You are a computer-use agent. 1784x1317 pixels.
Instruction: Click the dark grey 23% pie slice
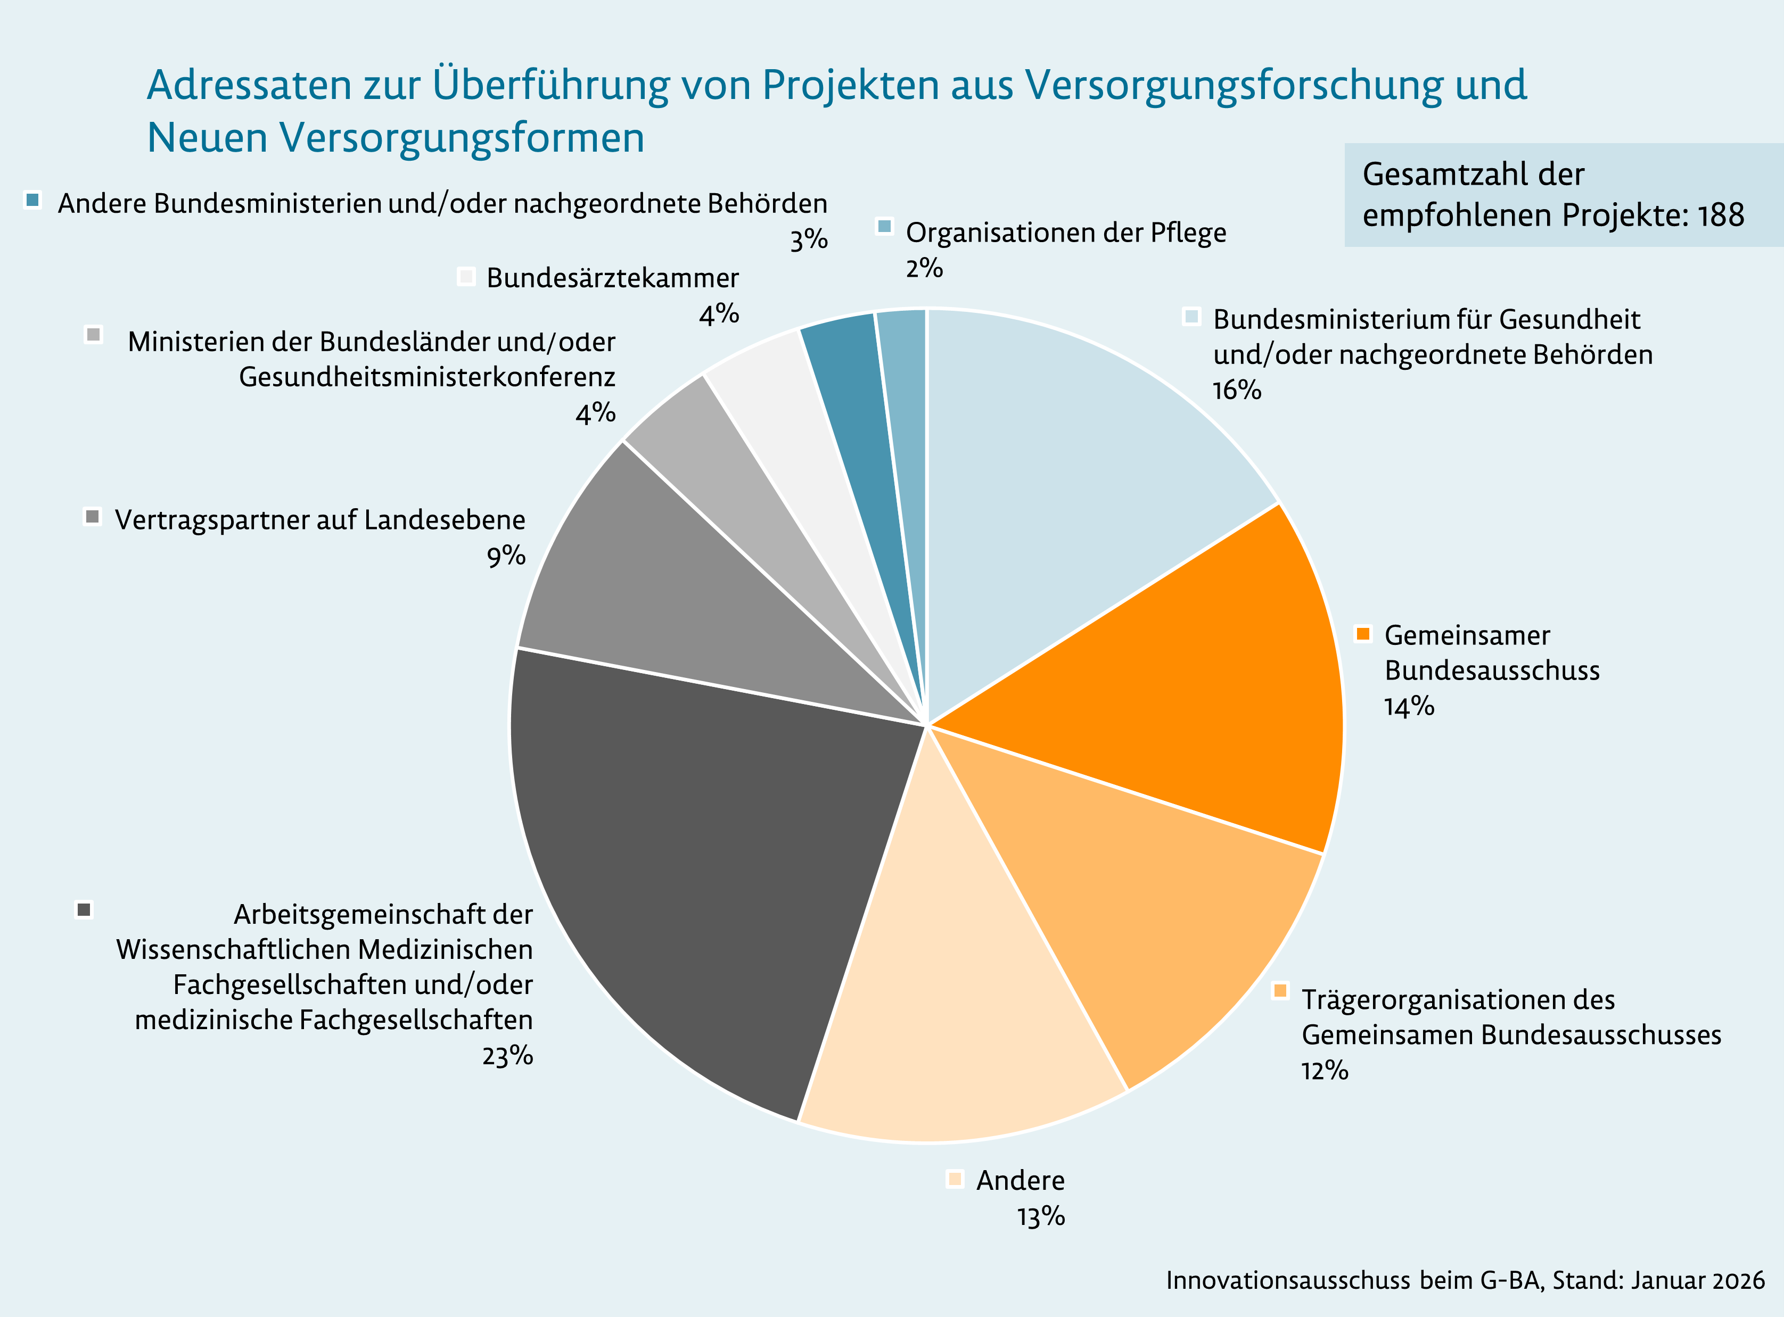pyautogui.click(x=702, y=861)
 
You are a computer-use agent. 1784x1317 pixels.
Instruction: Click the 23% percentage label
pyautogui.click(x=507, y=1056)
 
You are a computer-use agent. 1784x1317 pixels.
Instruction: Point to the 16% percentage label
pyautogui.click(x=1236, y=390)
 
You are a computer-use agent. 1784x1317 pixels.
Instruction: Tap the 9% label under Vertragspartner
pyautogui.click(x=506, y=555)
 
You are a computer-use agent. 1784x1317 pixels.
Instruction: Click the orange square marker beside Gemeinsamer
pyautogui.click(x=1363, y=634)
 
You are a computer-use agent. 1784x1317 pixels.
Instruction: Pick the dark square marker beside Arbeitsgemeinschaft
pyautogui.click(x=84, y=909)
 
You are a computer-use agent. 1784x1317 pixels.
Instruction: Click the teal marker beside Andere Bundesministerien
pyautogui.click(x=32, y=200)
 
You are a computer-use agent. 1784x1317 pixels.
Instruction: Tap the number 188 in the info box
pyautogui.click(x=1720, y=216)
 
